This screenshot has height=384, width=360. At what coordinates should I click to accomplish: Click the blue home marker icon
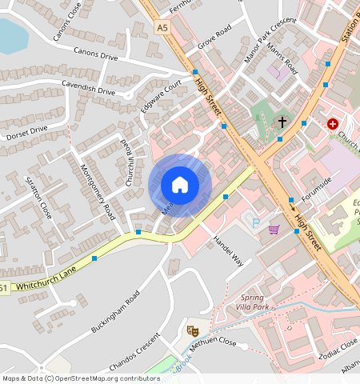coord(180,185)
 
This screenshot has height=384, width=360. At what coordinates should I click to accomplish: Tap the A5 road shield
coord(163,28)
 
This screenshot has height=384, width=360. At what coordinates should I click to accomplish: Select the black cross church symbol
coord(282,122)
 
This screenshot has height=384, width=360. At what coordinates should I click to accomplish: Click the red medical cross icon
coord(332,124)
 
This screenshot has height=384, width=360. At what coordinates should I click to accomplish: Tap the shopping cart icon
coord(274,230)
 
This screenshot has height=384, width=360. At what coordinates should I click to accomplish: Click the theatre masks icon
coord(192,330)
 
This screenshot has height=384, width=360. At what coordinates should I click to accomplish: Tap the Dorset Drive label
coord(26,133)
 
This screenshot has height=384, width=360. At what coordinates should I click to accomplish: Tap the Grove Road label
coord(214,37)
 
